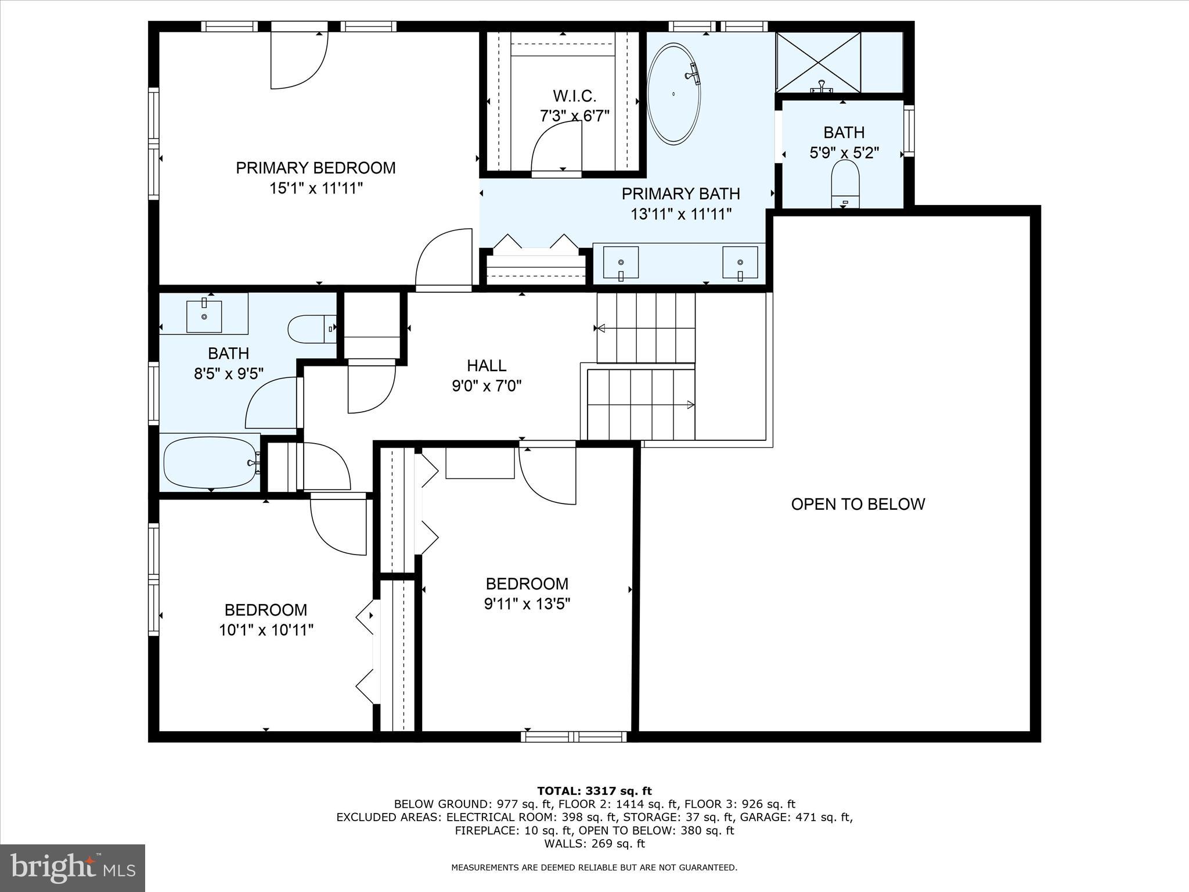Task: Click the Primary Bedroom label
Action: pyautogui.click(x=315, y=168)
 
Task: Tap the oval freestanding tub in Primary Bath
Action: pyautogui.click(x=673, y=94)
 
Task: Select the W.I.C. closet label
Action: pyautogui.click(x=574, y=96)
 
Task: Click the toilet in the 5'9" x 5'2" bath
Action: pyautogui.click(x=845, y=183)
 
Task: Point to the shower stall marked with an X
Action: pyautogui.click(x=818, y=61)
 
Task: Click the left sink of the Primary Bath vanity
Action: pyautogui.click(x=621, y=262)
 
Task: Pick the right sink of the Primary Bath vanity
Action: pyautogui.click(x=740, y=262)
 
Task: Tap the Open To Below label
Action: pyautogui.click(x=857, y=504)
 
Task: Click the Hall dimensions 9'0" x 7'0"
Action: pyautogui.click(x=487, y=386)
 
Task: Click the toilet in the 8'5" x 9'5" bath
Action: pyautogui.click(x=311, y=329)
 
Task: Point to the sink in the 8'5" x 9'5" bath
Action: pyautogui.click(x=204, y=316)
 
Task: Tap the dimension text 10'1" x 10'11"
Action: pyautogui.click(x=266, y=630)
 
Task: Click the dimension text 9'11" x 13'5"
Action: pyautogui.click(x=527, y=604)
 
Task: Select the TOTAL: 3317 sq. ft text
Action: pyautogui.click(x=594, y=791)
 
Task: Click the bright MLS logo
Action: pyautogui.click(x=73, y=868)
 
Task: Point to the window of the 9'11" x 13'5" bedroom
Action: pyautogui.click(x=574, y=736)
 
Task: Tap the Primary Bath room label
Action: pyautogui.click(x=680, y=193)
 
